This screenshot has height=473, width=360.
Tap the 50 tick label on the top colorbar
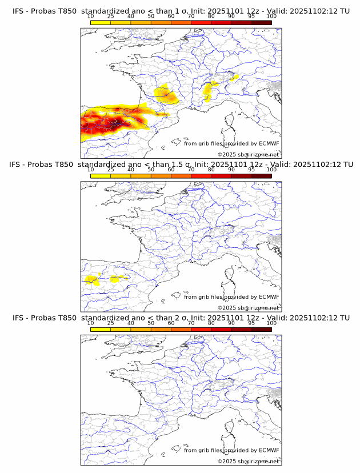pos(151,17)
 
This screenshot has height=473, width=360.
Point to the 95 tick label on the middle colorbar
pos(251,170)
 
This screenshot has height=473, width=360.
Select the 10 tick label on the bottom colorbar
pos(91,323)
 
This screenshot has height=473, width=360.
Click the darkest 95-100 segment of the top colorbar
pos(261,22)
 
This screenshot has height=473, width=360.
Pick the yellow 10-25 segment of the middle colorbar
pos(101,176)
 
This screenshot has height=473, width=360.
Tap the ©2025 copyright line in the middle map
pos(248,307)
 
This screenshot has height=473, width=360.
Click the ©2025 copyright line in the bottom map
pos(248,461)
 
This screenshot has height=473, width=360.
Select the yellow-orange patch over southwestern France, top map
pos(166,93)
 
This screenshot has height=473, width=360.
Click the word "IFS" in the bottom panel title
pos(18,318)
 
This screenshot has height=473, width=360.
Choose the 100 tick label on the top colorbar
pos(271,17)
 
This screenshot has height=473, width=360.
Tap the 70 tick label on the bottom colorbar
pos(191,323)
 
